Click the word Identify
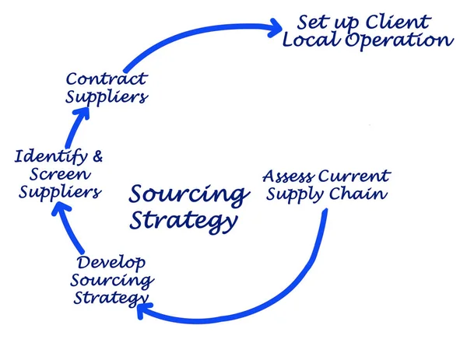(48, 156)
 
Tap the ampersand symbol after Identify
(97, 156)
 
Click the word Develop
(111, 264)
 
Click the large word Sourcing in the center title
(188, 194)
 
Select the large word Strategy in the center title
(183, 222)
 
